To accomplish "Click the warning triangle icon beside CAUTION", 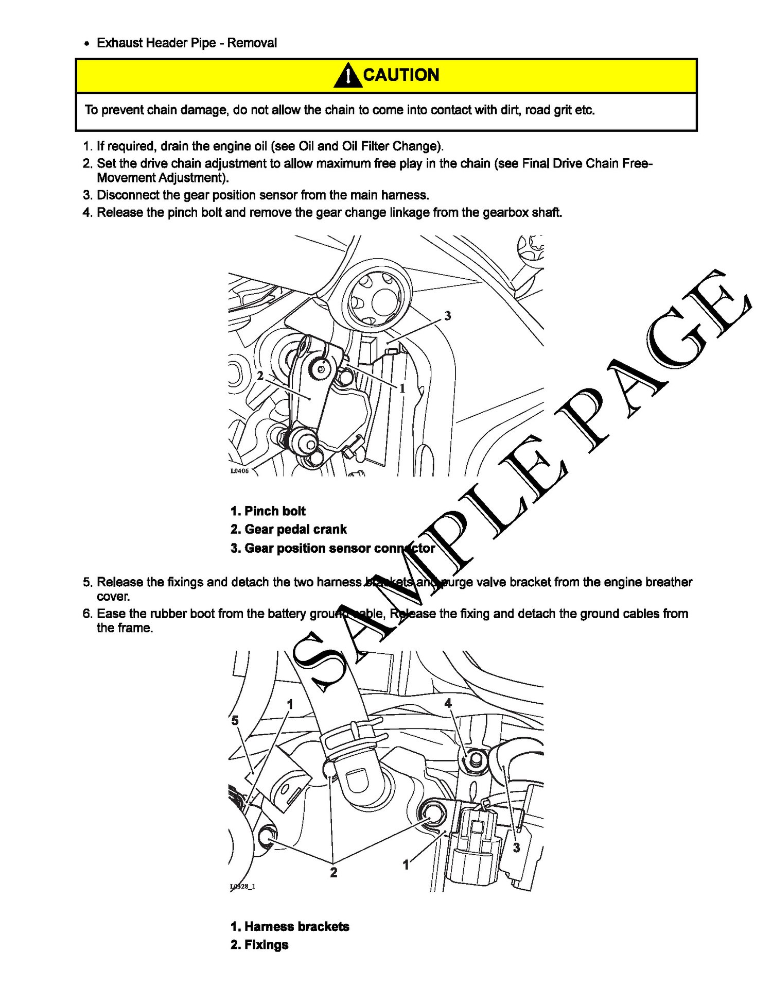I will [347, 75].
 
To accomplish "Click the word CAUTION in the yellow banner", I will [401, 75].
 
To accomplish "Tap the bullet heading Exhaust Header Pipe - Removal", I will [186, 43].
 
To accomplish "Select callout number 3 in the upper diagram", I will [447, 316].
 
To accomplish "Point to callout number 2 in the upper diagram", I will [260, 376].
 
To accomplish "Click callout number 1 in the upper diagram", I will [402, 388].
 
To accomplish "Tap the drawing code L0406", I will [239, 471].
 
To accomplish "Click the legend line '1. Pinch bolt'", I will [268, 511].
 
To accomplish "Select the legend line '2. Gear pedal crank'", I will [288, 529].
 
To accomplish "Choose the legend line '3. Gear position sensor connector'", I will [332, 548].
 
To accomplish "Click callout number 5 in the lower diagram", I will [235, 720].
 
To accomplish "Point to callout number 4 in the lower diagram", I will [448, 703].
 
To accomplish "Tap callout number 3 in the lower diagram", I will [516, 848].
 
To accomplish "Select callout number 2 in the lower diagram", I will [334, 872].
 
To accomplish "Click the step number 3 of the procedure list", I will [87, 195].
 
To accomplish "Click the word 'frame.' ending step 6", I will [125, 628].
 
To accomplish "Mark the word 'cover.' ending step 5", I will [113, 597].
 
